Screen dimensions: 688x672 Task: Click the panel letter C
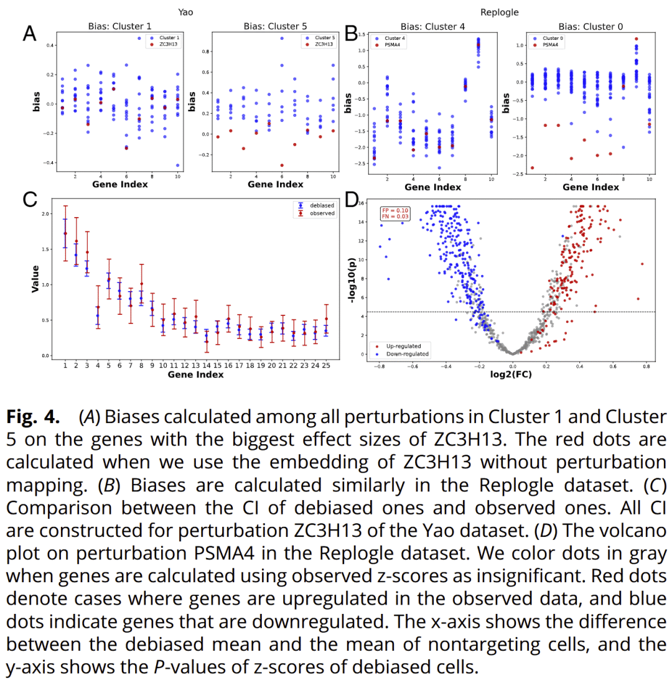click(29, 200)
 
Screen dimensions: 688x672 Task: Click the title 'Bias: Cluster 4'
click(432, 27)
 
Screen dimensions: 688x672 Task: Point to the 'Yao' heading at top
click(185, 12)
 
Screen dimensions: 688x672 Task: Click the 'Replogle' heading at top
click(500, 12)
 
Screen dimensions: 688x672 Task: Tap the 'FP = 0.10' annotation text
click(395, 210)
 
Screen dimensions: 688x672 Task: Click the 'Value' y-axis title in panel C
click(36, 279)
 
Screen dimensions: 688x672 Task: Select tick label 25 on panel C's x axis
click(326, 366)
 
